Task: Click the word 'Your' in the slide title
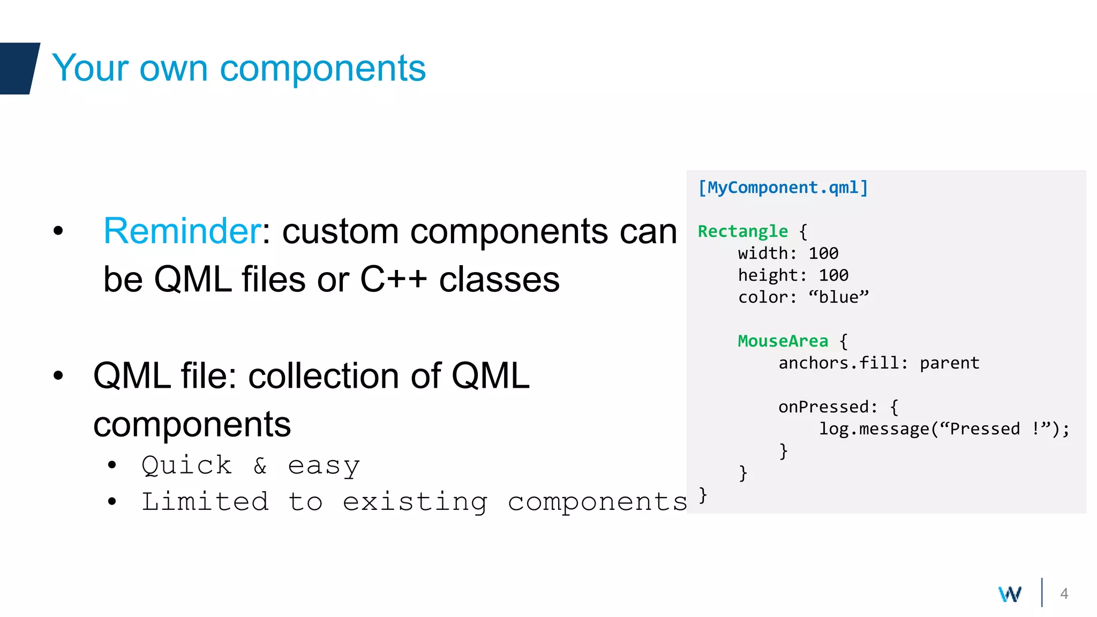[90, 68]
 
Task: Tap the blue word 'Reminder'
[182, 231]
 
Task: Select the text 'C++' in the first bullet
[393, 280]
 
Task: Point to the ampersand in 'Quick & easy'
[260, 465]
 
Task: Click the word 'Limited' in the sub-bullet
[205, 502]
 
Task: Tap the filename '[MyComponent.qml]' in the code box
[783, 187]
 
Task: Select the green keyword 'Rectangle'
[742, 231]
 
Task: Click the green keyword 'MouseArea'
[783, 341]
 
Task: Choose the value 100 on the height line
[833, 275]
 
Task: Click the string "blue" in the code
[838, 297]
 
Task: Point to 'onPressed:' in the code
[828, 407]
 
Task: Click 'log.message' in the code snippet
[874, 429]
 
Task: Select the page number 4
[1064, 593]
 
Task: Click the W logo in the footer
[1010, 594]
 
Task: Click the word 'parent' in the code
[949, 363]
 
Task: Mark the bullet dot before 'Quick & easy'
[111, 465]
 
